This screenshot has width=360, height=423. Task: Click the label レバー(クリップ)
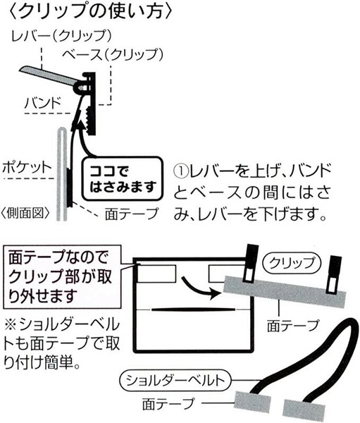pos(61,36)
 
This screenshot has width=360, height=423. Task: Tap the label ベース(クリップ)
pos(113,55)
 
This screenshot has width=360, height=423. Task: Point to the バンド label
pos(43,103)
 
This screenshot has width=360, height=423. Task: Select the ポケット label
pos(27,168)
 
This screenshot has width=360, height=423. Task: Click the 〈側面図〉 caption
pos(26,214)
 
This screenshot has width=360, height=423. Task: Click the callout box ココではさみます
pos(123,178)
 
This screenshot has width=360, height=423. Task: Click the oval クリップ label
pos(292,262)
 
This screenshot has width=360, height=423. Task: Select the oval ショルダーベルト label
pos(175,381)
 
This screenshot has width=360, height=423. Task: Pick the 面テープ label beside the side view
pos(131,214)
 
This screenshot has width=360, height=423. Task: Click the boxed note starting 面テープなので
pos(61,277)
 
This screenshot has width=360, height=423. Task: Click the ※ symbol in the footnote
pos(11,324)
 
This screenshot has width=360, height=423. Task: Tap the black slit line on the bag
pos(193,309)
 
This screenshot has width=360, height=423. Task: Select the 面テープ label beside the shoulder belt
pos(168,404)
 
